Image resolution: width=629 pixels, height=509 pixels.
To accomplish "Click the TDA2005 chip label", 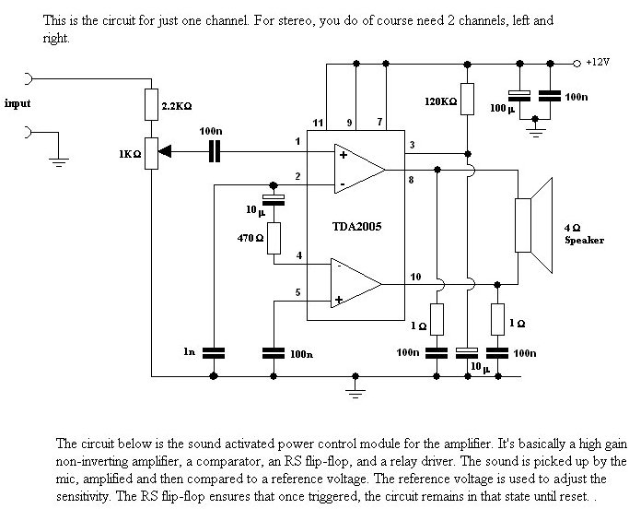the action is [356, 227].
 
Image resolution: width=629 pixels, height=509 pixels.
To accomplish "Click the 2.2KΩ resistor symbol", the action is [151, 104].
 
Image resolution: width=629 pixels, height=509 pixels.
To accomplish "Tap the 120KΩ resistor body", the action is [467, 99].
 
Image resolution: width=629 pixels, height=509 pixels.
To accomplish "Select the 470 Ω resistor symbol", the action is [274, 238].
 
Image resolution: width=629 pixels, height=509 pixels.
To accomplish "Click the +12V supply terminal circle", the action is [577, 64].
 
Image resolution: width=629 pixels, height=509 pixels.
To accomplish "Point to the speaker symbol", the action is [533, 225].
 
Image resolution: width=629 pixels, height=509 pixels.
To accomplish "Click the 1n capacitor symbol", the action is [214, 353].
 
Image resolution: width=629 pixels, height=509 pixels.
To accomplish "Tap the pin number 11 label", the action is [318, 123].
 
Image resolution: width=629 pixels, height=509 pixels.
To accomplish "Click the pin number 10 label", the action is [415, 277].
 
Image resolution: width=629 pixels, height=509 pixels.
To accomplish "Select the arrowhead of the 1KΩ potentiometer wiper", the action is [165, 151].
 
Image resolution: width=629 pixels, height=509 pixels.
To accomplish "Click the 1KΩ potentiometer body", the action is [151, 153].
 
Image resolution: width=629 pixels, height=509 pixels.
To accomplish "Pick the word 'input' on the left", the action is [17, 103].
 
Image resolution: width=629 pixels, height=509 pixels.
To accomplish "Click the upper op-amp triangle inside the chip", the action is [360, 169].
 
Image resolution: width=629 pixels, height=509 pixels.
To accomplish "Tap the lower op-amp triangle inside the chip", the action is [356, 283].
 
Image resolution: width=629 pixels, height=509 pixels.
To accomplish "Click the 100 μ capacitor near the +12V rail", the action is [519, 96].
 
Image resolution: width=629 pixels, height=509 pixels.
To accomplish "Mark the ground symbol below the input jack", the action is [59, 162].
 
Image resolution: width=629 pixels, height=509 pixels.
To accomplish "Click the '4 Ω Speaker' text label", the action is [584, 234].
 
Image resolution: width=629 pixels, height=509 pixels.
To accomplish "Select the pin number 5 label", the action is [297, 292].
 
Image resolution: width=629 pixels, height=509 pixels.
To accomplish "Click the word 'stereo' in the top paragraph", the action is [294, 20].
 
